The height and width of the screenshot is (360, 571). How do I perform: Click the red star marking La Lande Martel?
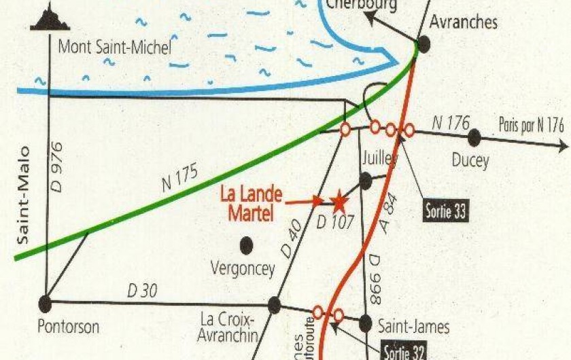[x=338, y=201]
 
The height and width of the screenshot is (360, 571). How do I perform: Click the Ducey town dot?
[x=474, y=139]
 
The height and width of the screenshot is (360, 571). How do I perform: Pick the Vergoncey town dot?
[x=246, y=245]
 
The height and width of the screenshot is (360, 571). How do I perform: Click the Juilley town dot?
[x=365, y=181]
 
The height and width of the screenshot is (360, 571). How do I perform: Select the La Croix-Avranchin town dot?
[x=274, y=305]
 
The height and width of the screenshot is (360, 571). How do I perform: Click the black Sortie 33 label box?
[x=445, y=211]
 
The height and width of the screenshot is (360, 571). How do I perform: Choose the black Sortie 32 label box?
[x=406, y=352]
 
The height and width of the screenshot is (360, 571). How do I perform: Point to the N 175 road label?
[x=180, y=178]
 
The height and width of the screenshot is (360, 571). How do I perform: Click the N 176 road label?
[x=451, y=123]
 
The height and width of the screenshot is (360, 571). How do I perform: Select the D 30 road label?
[x=142, y=291]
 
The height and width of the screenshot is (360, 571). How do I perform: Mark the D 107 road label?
[x=336, y=221]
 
